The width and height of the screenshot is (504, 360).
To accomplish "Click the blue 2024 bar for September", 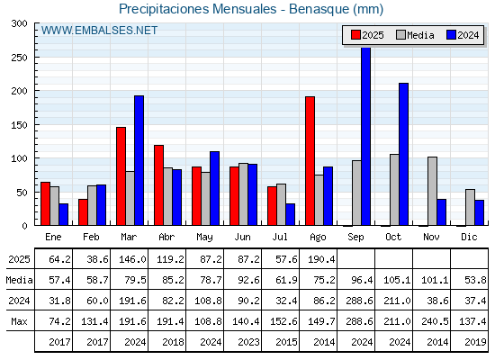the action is pyautogui.click(x=365, y=136).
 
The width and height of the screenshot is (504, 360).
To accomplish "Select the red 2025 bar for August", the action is pyautogui.click(x=310, y=161).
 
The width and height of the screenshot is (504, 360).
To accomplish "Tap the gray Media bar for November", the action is pyautogui.click(x=432, y=191).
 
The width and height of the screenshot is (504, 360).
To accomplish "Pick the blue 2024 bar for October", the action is pyautogui.click(x=404, y=154).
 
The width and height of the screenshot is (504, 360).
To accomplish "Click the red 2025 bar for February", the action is pyautogui.click(x=83, y=212).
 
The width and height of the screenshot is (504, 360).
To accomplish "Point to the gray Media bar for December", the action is pyautogui.click(x=470, y=207).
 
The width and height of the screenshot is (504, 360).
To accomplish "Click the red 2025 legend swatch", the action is pyautogui.click(x=355, y=35).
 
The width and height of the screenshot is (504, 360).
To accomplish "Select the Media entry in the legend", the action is pyautogui.click(x=415, y=35).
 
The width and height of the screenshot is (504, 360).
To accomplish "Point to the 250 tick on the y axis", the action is pyautogui.click(x=36, y=58).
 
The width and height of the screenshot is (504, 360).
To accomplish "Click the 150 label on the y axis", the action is pyautogui.click(x=19, y=125).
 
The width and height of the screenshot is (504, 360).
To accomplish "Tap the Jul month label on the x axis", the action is pyautogui.click(x=280, y=237).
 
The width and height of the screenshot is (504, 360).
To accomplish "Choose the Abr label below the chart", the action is pyautogui.click(x=166, y=237).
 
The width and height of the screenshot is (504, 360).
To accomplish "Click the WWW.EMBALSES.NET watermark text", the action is pyautogui.click(x=99, y=31).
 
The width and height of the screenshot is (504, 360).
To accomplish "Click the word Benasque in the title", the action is pyautogui.click(x=319, y=9).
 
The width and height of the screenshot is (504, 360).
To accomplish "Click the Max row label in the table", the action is pyautogui.click(x=19, y=321).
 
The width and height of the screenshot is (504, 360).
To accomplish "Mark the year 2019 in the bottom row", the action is pyautogui.click(x=475, y=342).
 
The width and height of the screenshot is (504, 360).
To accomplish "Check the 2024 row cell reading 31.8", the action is pyautogui.click(x=59, y=301).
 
